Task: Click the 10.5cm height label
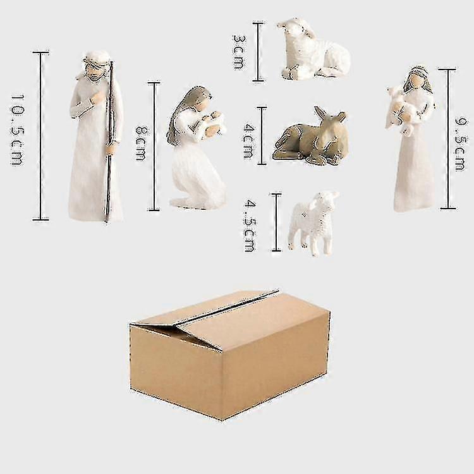[x=17, y=130]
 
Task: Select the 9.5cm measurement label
[x=460, y=145]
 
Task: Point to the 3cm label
[x=240, y=52]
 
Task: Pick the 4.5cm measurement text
[x=250, y=227]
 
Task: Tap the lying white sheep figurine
[x=314, y=50]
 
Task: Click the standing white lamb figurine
[x=313, y=223]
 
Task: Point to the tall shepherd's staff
[x=109, y=142]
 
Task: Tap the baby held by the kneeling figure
[x=216, y=120]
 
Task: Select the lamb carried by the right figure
[x=401, y=111]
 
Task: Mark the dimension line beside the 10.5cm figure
[x=40, y=136]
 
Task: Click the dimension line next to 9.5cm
[x=448, y=139]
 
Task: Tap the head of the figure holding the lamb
[x=416, y=79]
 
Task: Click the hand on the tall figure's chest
[x=97, y=98]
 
